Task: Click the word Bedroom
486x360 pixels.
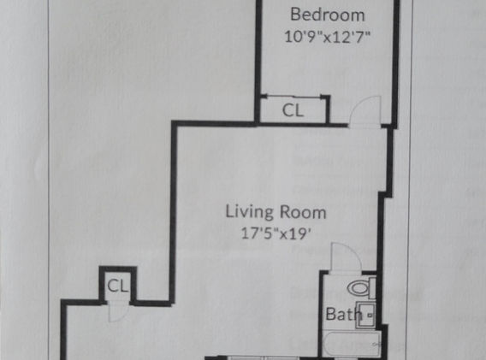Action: click(x=328, y=15)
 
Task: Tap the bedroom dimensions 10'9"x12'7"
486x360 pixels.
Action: click(x=328, y=37)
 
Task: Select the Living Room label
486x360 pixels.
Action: click(x=276, y=212)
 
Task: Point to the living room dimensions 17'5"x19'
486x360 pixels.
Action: click(x=276, y=233)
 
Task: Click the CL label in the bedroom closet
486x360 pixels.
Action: click(x=293, y=110)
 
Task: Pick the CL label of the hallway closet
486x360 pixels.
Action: click(x=117, y=286)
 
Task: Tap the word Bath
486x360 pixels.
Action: click(x=343, y=314)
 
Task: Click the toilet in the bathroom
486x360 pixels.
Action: click(x=361, y=288)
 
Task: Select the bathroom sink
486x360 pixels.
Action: click(x=365, y=315)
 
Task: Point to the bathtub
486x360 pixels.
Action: click(x=351, y=345)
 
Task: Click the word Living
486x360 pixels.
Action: click(x=250, y=212)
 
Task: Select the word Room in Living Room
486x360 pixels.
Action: click(x=303, y=213)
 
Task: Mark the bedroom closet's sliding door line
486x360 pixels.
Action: click(x=293, y=97)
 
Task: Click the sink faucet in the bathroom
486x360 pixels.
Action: click(x=370, y=315)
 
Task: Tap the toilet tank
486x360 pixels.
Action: click(x=372, y=288)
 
